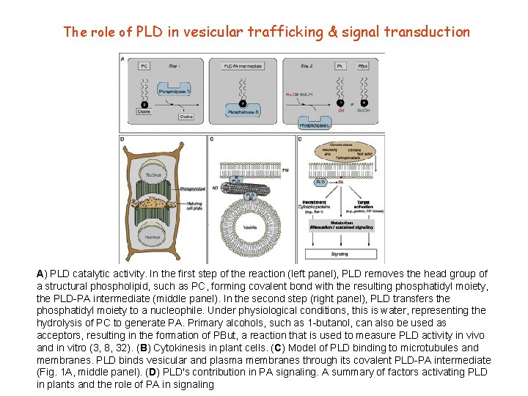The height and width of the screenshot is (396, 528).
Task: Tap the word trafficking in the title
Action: pyautogui.click(x=281, y=32)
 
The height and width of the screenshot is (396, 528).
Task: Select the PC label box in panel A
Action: pyautogui.click(x=144, y=66)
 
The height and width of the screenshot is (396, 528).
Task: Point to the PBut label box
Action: pyautogui.click(x=363, y=66)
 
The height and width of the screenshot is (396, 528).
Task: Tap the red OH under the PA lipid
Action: pyautogui.click(x=341, y=111)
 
